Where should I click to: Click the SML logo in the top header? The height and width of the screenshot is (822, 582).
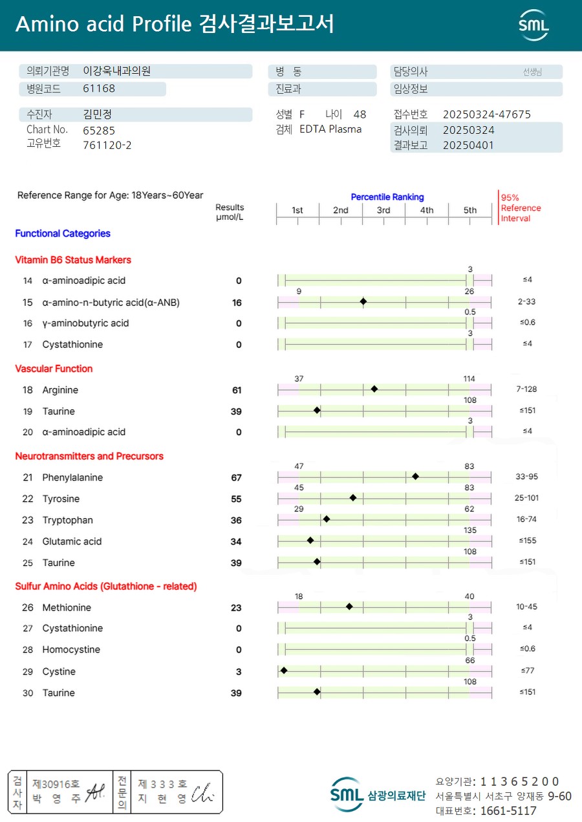coord(533,25)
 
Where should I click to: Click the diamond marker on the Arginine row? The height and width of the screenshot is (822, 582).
coord(374,389)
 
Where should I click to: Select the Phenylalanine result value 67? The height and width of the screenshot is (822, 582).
coord(236,478)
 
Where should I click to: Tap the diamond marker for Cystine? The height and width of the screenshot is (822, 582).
coord(284,671)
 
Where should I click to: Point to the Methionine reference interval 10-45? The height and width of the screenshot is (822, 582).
coord(526,607)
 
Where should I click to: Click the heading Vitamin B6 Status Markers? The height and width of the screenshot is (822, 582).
coord(73,260)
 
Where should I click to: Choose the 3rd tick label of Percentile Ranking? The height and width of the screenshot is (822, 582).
coord(383,210)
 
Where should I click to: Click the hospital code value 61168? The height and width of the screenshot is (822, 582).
coord(99,89)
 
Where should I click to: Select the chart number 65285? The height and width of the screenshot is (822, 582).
coord(99,130)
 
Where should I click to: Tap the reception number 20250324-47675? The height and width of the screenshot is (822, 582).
coord(486,114)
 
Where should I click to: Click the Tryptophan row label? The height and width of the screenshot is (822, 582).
coord(67,521)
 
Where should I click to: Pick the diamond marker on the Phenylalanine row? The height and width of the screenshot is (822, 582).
coord(415,476)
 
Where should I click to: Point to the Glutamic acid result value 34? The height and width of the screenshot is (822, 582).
coord(236,542)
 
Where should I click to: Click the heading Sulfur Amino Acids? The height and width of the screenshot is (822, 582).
coord(106,587)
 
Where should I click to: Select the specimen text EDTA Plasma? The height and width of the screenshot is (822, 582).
coord(330,129)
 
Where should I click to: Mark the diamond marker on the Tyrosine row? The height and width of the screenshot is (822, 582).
coord(353,497)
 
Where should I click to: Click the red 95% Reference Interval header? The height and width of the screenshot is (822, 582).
coord(521,208)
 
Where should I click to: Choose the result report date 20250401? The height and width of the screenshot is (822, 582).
coord(468,146)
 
